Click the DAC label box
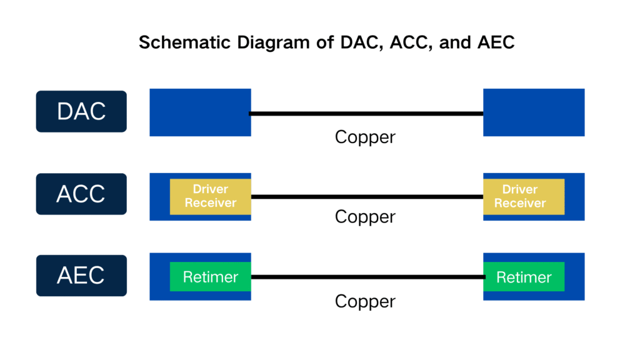81,111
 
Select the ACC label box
81,194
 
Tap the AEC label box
81,276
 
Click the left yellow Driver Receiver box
210,196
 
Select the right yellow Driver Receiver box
524,196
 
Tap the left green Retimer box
210,277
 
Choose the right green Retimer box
524,277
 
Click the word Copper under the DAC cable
365,137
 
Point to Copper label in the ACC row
365,217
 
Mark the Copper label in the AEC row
365,301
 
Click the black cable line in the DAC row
367,114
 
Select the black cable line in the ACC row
367,196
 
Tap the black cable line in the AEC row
367,277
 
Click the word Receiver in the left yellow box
211,202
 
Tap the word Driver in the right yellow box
520,189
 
